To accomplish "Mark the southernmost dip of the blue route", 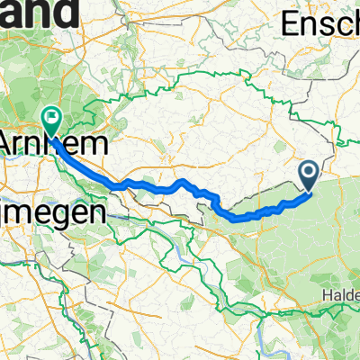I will click(x=236, y=217).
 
